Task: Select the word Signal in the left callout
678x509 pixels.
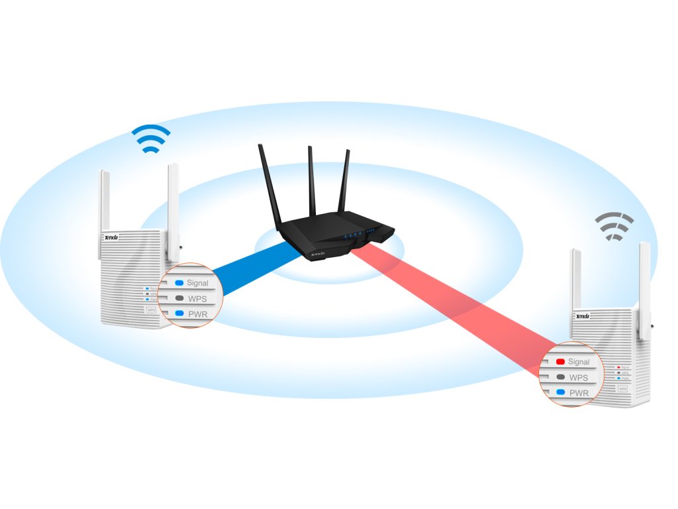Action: click(x=197, y=283)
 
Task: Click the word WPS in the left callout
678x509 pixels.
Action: click(x=197, y=299)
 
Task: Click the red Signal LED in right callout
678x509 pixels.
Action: click(x=559, y=362)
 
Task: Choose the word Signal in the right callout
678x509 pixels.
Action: click(x=579, y=362)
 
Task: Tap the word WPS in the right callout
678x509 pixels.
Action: click(x=579, y=378)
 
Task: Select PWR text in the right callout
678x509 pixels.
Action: click(x=579, y=392)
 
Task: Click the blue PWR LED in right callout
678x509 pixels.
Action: click(x=559, y=392)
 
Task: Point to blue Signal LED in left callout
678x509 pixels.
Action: click(x=179, y=283)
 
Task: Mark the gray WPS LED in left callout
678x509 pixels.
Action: click(x=179, y=299)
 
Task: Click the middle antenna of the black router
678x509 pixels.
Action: click(x=311, y=179)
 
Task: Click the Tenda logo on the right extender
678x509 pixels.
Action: click(x=583, y=316)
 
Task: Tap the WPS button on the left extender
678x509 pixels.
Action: click(x=151, y=310)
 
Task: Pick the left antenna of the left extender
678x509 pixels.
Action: click(x=104, y=199)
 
